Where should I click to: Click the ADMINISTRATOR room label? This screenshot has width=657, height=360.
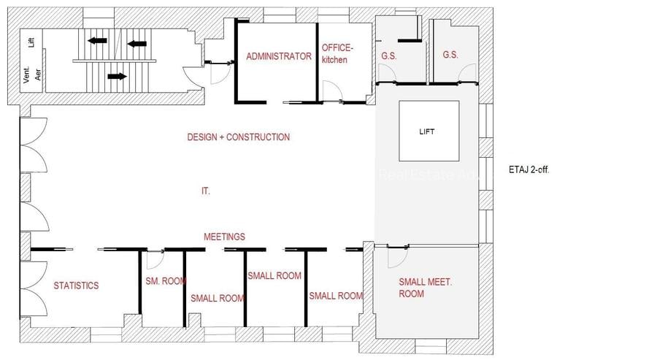pos(279,56)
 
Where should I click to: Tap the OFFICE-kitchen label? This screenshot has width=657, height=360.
pos(337,53)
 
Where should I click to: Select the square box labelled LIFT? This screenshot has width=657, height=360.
pos(429,131)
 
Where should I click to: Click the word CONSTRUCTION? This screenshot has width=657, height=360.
pos(257,137)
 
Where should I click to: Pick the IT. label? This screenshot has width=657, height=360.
pos(206,191)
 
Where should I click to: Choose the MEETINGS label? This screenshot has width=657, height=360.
pos(224,237)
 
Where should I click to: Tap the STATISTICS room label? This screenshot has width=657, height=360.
pos(76,286)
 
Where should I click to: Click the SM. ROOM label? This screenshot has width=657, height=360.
pos(165,280)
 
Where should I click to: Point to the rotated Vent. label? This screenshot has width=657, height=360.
pos(26,75)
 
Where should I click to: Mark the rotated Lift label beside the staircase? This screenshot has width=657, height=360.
pos(31,42)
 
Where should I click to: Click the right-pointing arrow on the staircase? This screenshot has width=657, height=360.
pos(116,75)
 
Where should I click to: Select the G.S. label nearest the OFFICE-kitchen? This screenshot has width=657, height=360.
pos(388,55)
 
